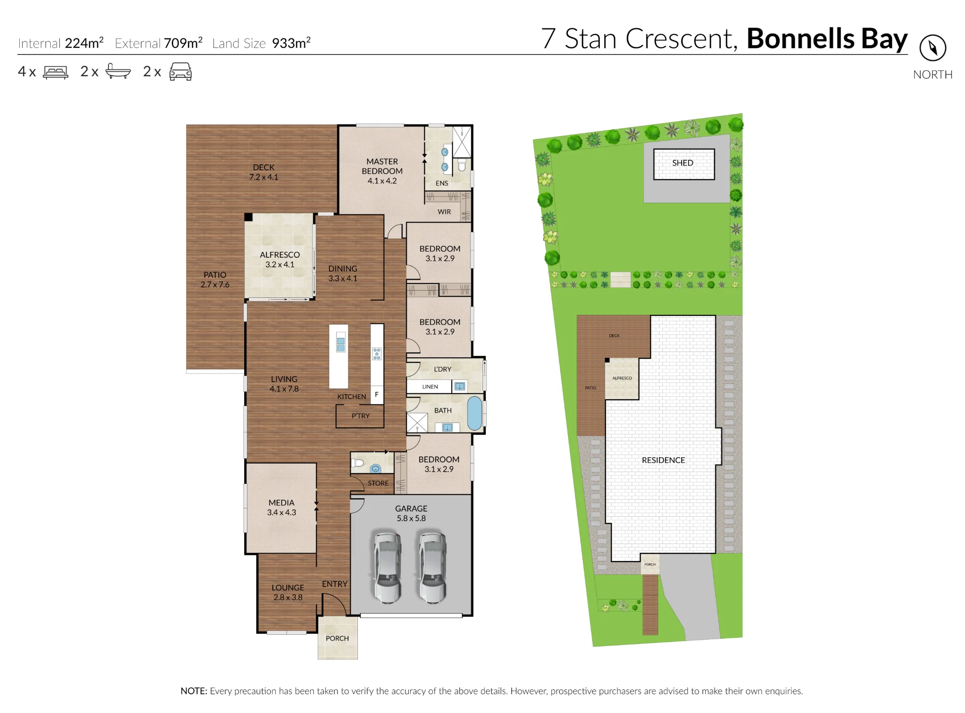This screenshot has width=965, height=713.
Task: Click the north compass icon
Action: tap(932, 48)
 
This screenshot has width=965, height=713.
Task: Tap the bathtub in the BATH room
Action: tap(474, 413)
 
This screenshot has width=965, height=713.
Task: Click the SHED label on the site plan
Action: tap(682, 163)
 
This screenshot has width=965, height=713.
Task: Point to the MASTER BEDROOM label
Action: tap(382, 166)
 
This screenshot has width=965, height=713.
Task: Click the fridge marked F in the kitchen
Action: tap(377, 394)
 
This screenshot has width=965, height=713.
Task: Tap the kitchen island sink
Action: tap(341, 344)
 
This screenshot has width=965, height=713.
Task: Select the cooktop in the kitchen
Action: tap(377, 354)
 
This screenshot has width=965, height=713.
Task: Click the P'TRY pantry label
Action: tap(360, 416)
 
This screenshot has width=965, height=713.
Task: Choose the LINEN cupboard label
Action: tap(430, 387)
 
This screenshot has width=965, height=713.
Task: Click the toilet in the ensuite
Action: tap(462, 165)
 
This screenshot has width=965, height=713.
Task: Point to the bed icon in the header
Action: tap(55, 72)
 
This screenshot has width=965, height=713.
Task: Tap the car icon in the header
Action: tap(180, 71)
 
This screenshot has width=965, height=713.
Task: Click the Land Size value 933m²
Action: tap(291, 42)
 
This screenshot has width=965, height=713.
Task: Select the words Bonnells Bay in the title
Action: tap(827, 39)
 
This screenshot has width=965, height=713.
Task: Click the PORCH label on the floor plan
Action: tap(337, 638)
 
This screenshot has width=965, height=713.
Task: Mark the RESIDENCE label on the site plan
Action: tap(663, 460)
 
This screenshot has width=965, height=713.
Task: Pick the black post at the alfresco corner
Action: tap(248, 217)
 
